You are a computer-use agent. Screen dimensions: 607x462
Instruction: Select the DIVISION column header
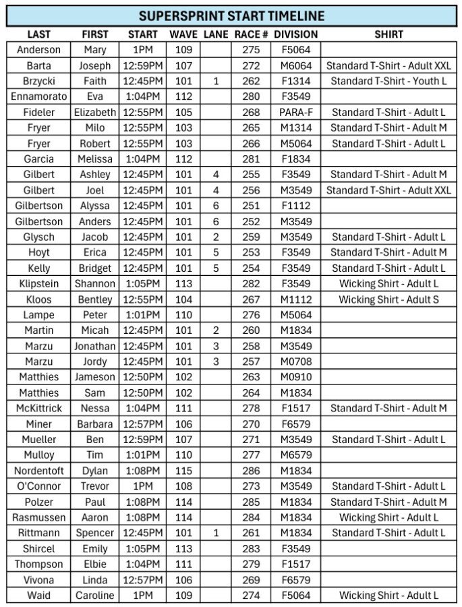click(295, 34)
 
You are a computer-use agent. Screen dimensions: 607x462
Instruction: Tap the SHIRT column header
click(388, 34)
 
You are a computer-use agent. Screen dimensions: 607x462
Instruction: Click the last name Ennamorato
click(38, 96)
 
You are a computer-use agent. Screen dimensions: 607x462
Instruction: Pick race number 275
click(251, 50)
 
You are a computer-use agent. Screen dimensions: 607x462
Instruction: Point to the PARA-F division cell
click(295, 112)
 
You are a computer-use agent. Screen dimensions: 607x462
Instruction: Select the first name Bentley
click(95, 299)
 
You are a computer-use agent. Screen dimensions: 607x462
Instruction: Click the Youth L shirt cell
click(388, 81)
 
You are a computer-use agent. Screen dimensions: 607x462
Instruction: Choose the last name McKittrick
click(38, 408)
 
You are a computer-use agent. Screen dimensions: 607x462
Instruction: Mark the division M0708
click(295, 362)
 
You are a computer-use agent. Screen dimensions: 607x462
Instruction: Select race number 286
click(251, 471)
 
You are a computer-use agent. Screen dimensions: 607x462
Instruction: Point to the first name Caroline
click(95, 596)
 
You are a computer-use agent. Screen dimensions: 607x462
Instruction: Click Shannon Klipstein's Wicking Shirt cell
click(388, 284)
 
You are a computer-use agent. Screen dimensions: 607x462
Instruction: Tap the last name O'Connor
click(38, 486)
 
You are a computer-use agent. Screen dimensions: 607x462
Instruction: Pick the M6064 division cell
click(295, 65)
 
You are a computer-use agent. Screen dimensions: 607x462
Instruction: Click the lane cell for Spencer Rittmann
click(216, 533)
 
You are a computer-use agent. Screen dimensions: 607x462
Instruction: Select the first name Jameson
click(95, 377)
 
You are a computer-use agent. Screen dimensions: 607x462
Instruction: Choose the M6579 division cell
click(295, 455)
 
